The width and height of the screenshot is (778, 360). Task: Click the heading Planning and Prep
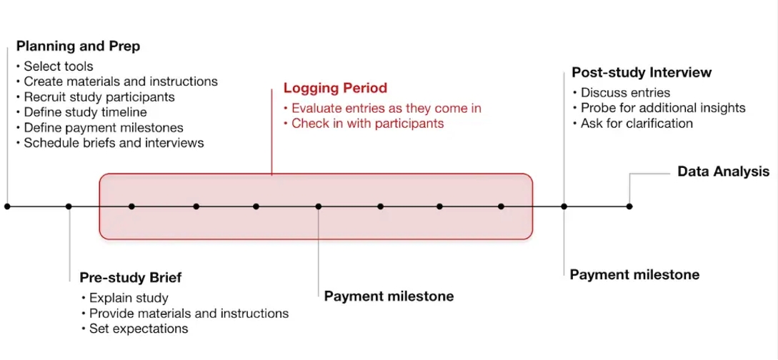(78, 46)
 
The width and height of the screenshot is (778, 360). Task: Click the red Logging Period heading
(335, 89)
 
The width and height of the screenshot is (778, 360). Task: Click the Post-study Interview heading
(642, 73)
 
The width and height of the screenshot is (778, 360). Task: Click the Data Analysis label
(724, 172)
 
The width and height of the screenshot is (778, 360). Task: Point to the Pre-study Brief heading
(131, 278)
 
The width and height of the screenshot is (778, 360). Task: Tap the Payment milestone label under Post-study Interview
(634, 275)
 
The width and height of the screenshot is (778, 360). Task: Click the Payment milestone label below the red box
(389, 296)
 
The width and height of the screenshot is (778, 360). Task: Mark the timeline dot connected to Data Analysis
(629, 206)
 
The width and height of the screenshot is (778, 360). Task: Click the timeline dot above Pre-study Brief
(69, 206)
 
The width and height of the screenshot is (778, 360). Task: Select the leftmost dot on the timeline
(7, 206)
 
